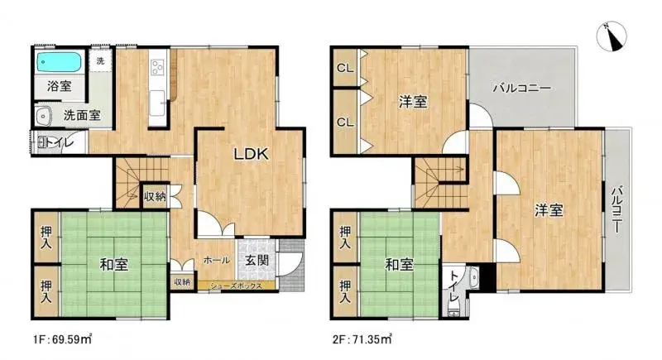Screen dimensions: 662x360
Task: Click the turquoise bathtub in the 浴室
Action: pyautogui.click(x=59, y=62)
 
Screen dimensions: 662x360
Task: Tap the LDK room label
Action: pyautogui.click(x=252, y=154)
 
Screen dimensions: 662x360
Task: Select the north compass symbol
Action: pyautogui.click(x=612, y=36)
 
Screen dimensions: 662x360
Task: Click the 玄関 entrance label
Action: pyautogui.click(x=257, y=260)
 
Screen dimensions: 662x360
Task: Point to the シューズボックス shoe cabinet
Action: pyautogui.click(x=237, y=286)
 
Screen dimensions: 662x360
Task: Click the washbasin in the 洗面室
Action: pyautogui.click(x=43, y=115)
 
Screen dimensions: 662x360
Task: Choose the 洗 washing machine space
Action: pyautogui.click(x=100, y=61)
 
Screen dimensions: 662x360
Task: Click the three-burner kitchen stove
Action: pyautogui.click(x=158, y=68)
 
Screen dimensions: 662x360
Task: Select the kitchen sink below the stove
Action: pyautogui.click(x=157, y=103)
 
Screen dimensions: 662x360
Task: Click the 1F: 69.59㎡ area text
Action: pyautogui.click(x=63, y=339)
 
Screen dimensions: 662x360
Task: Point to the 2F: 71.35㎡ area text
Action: pyautogui.click(x=362, y=339)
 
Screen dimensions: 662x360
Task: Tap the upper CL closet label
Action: pyautogui.click(x=345, y=68)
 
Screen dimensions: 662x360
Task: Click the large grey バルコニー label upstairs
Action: pyautogui.click(x=522, y=89)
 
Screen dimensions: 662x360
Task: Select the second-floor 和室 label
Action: pyautogui.click(x=399, y=265)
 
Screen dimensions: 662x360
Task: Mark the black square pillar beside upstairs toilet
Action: pyautogui.click(x=487, y=276)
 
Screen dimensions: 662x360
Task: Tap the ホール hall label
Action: pyautogui.click(x=217, y=261)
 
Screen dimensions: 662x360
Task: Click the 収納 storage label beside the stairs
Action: pyautogui.click(x=155, y=196)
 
